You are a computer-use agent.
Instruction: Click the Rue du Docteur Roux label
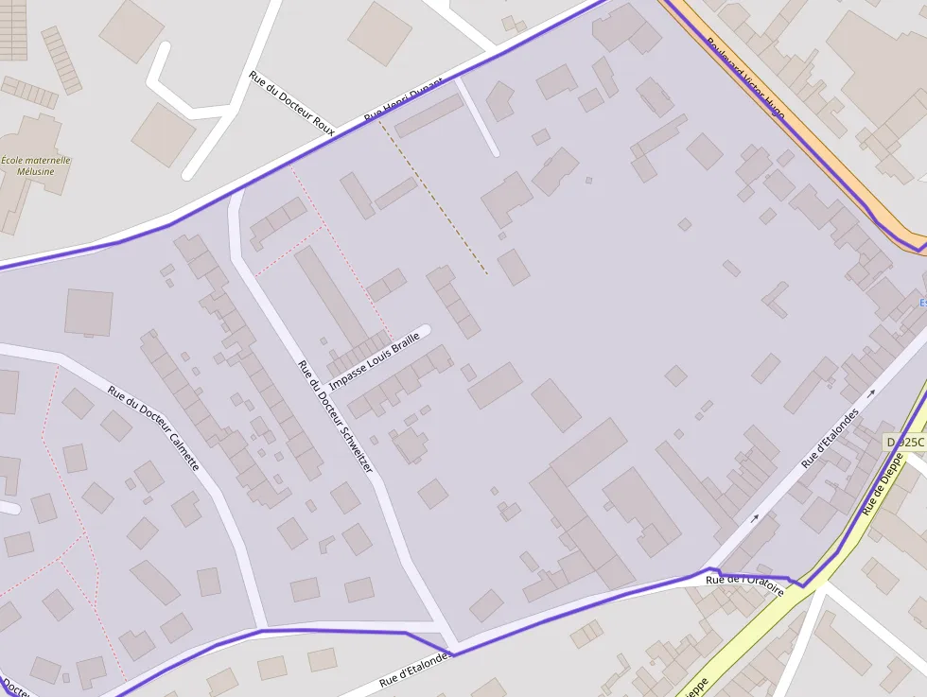coord(291,102)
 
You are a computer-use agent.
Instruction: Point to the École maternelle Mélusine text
coord(37,166)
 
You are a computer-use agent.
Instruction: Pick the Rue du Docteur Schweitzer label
coord(335,417)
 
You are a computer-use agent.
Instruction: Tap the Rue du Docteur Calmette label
coord(153,428)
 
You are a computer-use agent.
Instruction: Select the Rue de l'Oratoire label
coord(745,584)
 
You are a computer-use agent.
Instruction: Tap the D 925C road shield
coord(905,442)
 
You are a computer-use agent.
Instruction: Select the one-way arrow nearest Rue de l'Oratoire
coord(754,518)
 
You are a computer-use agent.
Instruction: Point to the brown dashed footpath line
coord(434,199)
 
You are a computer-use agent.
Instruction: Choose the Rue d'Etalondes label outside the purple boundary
coord(415,669)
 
